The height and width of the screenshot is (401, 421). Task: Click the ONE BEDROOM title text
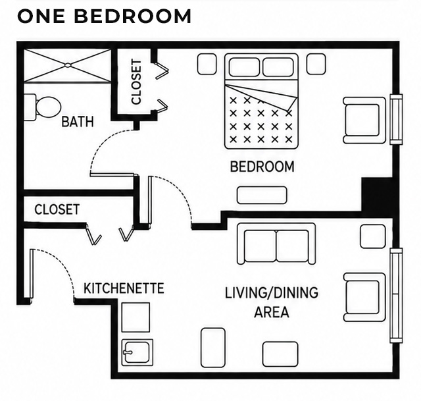click(105, 16)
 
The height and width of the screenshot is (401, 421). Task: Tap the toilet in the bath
click(43, 107)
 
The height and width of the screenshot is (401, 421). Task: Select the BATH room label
click(78, 121)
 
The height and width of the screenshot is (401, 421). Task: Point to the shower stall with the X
click(67, 65)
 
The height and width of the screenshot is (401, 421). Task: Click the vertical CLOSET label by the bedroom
click(136, 82)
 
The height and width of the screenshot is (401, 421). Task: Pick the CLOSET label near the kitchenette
click(57, 209)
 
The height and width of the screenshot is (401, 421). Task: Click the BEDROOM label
click(262, 167)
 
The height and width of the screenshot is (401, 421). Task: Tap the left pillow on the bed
click(244, 67)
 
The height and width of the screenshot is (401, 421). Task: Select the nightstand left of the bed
click(207, 64)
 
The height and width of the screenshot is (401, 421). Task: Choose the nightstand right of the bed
click(316, 64)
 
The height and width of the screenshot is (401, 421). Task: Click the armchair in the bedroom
click(364, 120)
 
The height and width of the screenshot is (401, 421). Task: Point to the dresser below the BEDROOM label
click(262, 195)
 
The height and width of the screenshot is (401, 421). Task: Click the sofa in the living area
click(276, 244)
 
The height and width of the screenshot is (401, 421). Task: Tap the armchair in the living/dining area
click(364, 297)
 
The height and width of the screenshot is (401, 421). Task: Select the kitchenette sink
click(137, 352)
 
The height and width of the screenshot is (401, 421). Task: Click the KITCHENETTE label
click(124, 288)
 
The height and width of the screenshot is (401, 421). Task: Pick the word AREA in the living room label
click(272, 312)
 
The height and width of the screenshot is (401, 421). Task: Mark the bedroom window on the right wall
click(396, 119)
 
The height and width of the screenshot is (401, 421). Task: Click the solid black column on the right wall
click(377, 195)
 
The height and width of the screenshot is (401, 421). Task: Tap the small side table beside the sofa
click(372, 236)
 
